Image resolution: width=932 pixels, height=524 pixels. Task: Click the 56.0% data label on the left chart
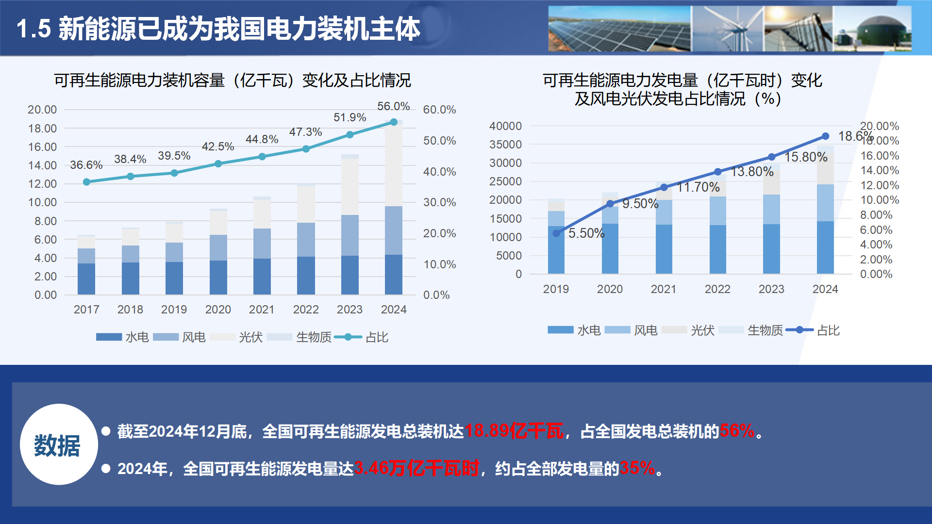point(393,106)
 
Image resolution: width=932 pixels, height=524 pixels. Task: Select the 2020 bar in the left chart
point(218,252)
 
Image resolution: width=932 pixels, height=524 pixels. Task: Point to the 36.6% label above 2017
point(86,165)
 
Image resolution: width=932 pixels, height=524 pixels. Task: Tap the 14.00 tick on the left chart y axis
point(42,165)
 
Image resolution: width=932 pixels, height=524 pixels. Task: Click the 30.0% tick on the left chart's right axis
point(439,202)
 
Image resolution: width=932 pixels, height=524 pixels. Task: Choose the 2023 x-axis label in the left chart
point(349,310)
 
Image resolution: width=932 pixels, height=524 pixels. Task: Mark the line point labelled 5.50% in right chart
point(556,233)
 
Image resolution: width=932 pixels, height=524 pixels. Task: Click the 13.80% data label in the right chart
point(752,172)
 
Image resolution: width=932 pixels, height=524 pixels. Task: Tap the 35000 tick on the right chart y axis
point(505,145)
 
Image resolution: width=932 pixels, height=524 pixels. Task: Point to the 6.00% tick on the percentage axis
point(876,230)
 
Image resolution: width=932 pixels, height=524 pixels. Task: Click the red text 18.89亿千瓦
point(514,431)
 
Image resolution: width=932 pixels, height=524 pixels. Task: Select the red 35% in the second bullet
point(637,468)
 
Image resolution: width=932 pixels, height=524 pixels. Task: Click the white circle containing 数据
point(58,444)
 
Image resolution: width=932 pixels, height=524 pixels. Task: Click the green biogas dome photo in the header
point(872,29)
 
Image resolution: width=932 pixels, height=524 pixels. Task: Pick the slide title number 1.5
point(33,29)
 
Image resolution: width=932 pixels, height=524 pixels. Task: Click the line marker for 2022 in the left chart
point(306,149)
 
